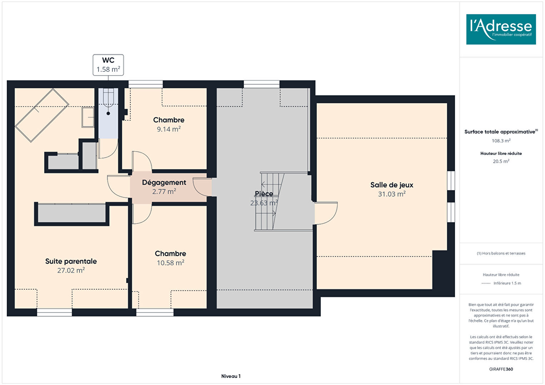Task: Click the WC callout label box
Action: [x=108, y=65]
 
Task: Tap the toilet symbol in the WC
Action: [x=108, y=98]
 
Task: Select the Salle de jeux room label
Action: [x=392, y=185]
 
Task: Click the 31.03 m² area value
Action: [x=392, y=194]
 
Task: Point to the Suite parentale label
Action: [x=71, y=261]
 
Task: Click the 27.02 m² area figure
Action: [x=71, y=270]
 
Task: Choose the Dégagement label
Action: [x=164, y=183]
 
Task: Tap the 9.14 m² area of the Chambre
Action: [x=169, y=129]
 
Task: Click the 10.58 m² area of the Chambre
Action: [x=170, y=263]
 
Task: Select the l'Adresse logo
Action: [x=501, y=29]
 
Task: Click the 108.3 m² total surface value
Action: [x=501, y=141]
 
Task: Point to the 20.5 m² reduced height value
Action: [x=501, y=161]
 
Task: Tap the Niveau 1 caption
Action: [x=231, y=376]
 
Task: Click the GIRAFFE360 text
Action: [x=501, y=369]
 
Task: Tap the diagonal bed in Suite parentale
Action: [x=42, y=115]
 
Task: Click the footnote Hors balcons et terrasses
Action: [x=501, y=253]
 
